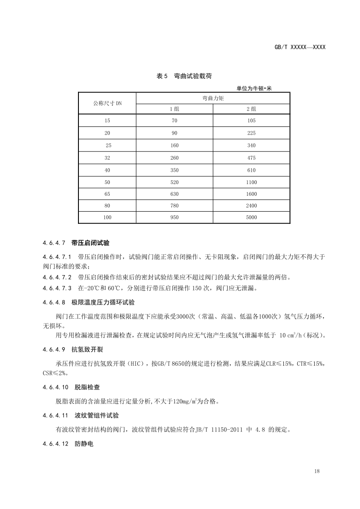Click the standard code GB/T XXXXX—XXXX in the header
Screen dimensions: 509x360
[x=300, y=47]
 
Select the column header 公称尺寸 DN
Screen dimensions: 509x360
[x=107, y=103]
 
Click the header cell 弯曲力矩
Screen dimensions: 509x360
[x=214, y=98]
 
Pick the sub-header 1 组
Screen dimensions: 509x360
[x=175, y=109]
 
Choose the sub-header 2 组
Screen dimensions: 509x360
[x=252, y=109]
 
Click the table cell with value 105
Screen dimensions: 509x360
[x=252, y=121]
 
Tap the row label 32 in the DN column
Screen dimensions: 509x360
[x=107, y=158]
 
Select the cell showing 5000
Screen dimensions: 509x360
[x=252, y=217]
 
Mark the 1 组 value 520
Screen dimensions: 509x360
[x=175, y=182]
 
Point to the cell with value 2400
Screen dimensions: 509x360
[x=252, y=205]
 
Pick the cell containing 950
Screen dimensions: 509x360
[x=175, y=217]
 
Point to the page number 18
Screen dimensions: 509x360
[x=316, y=471]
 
